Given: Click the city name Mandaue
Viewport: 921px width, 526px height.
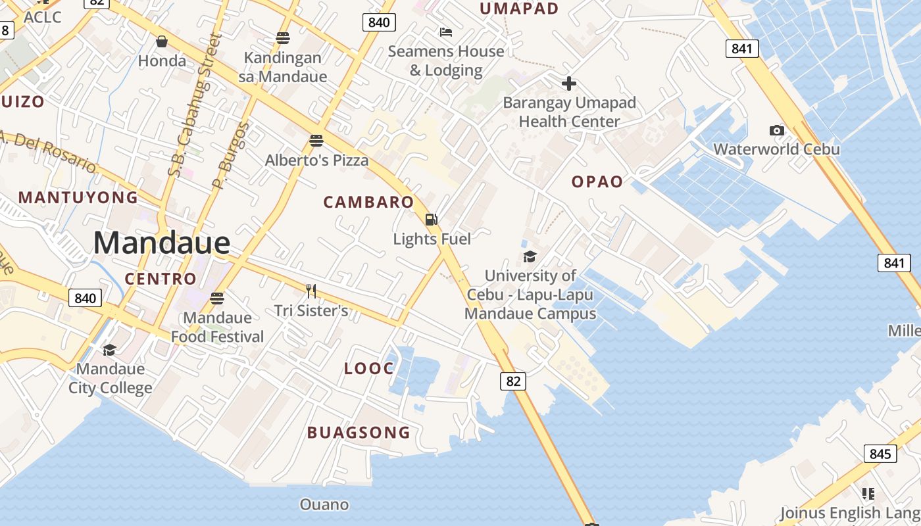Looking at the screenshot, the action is [x=162, y=243].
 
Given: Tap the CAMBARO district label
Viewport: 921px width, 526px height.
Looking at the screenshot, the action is [x=368, y=203].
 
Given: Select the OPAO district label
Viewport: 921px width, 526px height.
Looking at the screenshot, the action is [x=597, y=182].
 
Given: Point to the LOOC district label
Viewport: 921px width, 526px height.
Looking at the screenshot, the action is [x=369, y=369].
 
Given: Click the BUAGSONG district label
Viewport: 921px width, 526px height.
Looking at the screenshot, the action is [x=359, y=433].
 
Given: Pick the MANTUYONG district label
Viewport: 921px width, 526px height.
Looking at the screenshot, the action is [x=78, y=197].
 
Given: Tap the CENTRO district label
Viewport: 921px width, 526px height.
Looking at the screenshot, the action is [x=161, y=279].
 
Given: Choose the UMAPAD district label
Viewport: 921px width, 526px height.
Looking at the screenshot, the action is [x=519, y=9].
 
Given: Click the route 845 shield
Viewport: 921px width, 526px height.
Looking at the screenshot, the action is [x=880, y=454].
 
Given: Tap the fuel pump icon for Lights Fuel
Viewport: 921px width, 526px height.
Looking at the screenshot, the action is [x=432, y=220].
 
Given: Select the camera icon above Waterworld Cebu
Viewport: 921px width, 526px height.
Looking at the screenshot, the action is [x=777, y=130].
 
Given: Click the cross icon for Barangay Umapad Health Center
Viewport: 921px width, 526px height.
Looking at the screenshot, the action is [x=569, y=84].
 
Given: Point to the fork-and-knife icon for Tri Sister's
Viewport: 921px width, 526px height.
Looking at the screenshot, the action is [x=311, y=291].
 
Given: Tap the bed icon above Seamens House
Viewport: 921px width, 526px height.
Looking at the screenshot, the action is [x=446, y=32].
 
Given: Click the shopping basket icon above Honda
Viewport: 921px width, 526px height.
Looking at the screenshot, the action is [x=162, y=42].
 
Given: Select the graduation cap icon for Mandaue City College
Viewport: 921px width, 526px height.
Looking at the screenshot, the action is [x=110, y=350].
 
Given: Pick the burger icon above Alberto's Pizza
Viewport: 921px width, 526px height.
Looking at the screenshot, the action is [x=316, y=140].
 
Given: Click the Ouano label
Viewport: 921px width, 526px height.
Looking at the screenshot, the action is [x=324, y=505].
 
